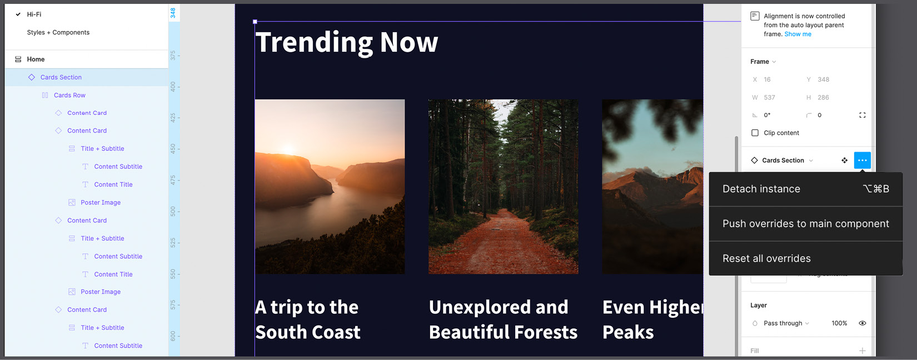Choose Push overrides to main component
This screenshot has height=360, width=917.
pyautogui.click(x=805, y=224)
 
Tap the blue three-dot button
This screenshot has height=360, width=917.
pyautogui.click(x=862, y=161)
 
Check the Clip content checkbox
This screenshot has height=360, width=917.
pyautogui.click(x=755, y=133)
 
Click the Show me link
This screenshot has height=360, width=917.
pyautogui.click(x=798, y=34)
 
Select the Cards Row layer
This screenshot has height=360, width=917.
pyautogui.click(x=69, y=96)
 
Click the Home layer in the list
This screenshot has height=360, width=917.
pyautogui.click(x=36, y=59)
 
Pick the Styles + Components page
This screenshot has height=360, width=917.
pyautogui.click(x=58, y=32)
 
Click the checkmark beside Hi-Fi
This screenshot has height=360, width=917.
pyautogui.click(x=18, y=14)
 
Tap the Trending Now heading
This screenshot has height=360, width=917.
pyautogui.click(x=346, y=42)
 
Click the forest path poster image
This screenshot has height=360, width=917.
pyautogui.click(x=503, y=187)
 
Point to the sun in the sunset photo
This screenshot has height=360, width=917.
pyautogui.click(x=288, y=149)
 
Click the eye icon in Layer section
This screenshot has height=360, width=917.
pyautogui.click(x=862, y=323)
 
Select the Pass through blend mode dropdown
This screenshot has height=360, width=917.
pyautogui.click(x=786, y=323)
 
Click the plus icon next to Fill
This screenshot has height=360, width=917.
pyautogui.click(x=862, y=351)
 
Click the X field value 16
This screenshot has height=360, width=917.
pyautogui.click(x=767, y=79)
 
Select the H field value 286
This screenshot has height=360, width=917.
pyautogui.click(x=823, y=97)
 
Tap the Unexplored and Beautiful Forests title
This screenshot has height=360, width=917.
pyautogui.click(x=503, y=319)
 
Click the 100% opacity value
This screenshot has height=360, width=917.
pyautogui.click(x=839, y=323)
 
